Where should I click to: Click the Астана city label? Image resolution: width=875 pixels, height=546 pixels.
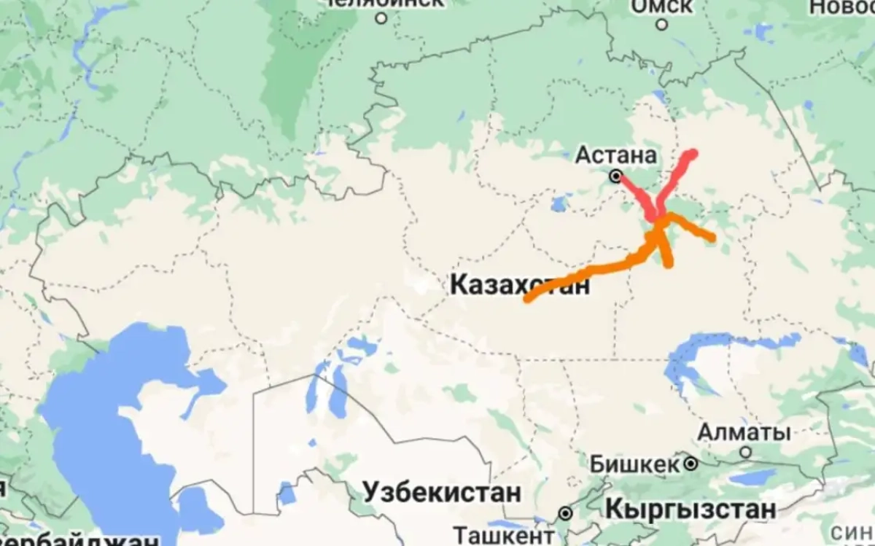616,155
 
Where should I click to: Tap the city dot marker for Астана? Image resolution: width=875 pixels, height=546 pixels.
616,176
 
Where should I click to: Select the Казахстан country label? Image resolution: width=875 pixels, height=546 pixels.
519,284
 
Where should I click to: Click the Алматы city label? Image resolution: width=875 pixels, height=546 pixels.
744,432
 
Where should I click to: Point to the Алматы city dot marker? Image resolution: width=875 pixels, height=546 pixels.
745,452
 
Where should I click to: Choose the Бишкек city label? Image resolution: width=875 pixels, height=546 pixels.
633,463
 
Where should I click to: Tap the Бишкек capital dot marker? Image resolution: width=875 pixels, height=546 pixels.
690,463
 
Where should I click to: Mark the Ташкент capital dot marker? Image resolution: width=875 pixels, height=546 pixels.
564,514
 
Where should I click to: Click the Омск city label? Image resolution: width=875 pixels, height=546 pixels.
661,6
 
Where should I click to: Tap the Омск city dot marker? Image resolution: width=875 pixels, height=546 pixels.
661,24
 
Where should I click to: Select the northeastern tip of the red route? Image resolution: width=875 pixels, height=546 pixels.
692,153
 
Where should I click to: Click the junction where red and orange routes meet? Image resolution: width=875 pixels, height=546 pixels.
658,217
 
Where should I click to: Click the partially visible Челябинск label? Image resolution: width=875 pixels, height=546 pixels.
384,2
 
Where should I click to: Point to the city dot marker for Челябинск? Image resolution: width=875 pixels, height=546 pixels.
380,17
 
